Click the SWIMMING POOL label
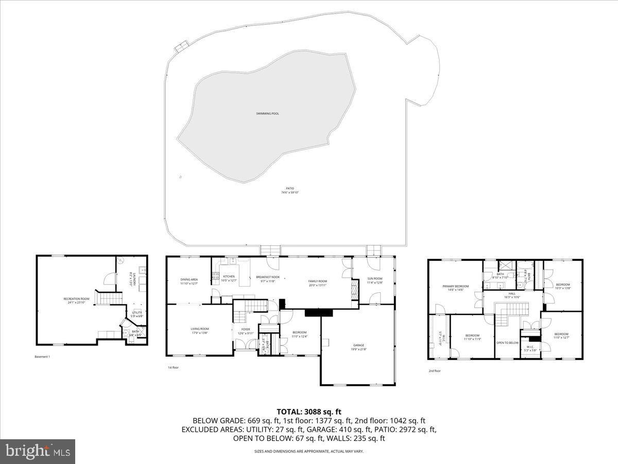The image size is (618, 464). click(x=267, y=113)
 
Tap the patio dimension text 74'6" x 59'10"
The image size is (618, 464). click(x=290, y=192)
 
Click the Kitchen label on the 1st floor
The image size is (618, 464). click(x=229, y=276)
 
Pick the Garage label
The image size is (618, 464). click(x=358, y=345)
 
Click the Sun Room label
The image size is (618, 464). click(x=374, y=278)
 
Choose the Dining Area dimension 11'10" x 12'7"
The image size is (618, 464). click(x=189, y=284)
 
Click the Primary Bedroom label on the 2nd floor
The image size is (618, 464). click(x=455, y=286)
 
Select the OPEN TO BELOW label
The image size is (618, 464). click(x=507, y=342)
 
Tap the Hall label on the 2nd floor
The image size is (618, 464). click(x=512, y=294)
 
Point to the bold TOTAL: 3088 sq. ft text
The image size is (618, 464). click(x=309, y=411)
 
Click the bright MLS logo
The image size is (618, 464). click(x=38, y=452)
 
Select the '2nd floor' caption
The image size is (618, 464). click(x=435, y=370)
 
